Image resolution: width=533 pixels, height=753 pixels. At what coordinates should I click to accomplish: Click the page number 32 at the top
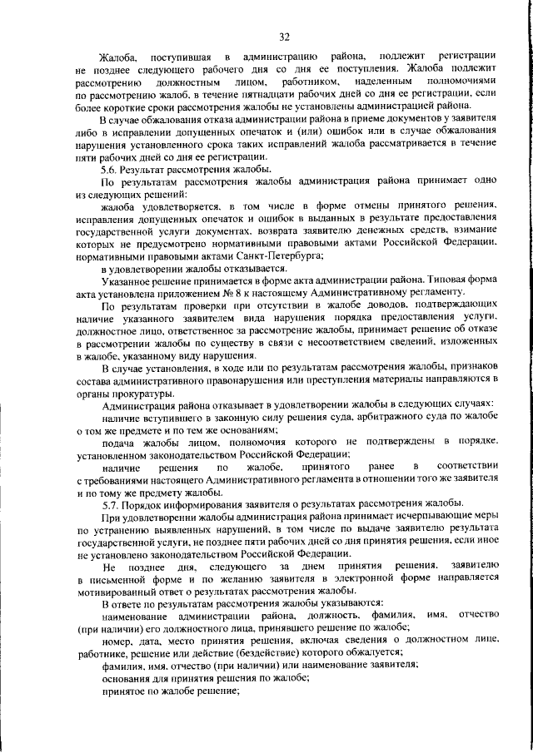pyautogui.click(x=284, y=37)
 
